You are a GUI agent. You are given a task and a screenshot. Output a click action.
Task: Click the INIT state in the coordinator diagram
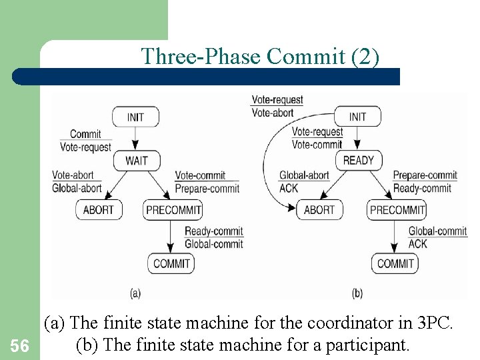pyautogui.click(x=135, y=117)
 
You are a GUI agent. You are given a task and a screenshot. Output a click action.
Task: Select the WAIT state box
pyautogui.click(x=136, y=161)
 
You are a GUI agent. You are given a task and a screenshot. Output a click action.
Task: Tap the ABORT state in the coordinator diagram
pyautogui.click(x=98, y=210)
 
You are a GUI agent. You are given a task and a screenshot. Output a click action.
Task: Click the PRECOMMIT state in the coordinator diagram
pyautogui.click(x=173, y=210)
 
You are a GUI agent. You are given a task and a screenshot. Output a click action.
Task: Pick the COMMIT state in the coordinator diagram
pyautogui.click(x=171, y=263)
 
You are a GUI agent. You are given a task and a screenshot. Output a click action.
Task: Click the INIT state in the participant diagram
pyautogui.click(x=357, y=117)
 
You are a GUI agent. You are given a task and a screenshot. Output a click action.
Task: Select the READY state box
pyautogui.click(x=358, y=161)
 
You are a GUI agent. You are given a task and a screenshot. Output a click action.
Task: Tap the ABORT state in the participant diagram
pyautogui.click(x=319, y=210)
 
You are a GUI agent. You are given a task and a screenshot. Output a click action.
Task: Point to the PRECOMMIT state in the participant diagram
pyautogui.click(x=397, y=210)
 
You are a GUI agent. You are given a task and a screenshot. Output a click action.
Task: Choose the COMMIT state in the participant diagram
pyautogui.click(x=395, y=263)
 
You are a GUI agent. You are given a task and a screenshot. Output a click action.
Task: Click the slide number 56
pyautogui.click(x=20, y=345)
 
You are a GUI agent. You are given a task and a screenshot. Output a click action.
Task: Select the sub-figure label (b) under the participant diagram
pyautogui.click(x=357, y=293)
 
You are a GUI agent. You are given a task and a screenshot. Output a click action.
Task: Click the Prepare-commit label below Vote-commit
pyautogui.click(x=207, y=189)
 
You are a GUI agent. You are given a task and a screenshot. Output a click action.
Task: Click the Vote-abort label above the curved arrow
pyautogui.click(x=272, y=113)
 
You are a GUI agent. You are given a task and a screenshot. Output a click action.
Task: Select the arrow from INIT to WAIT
pyautogui.click(x=135, y=139)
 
